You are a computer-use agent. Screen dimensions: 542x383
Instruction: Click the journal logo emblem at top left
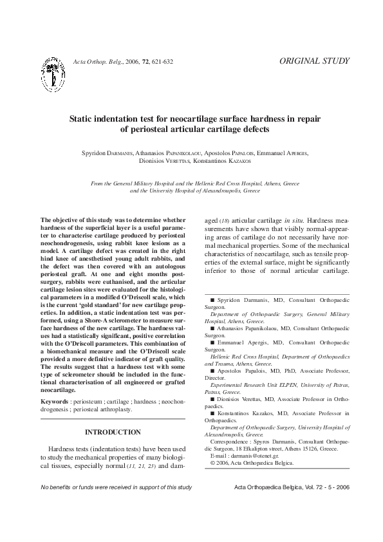53,73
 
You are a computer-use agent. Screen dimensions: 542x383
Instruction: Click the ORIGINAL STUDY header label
315,61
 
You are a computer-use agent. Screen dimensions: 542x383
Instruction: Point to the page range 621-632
162,62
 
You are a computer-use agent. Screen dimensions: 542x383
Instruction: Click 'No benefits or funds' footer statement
116,487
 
